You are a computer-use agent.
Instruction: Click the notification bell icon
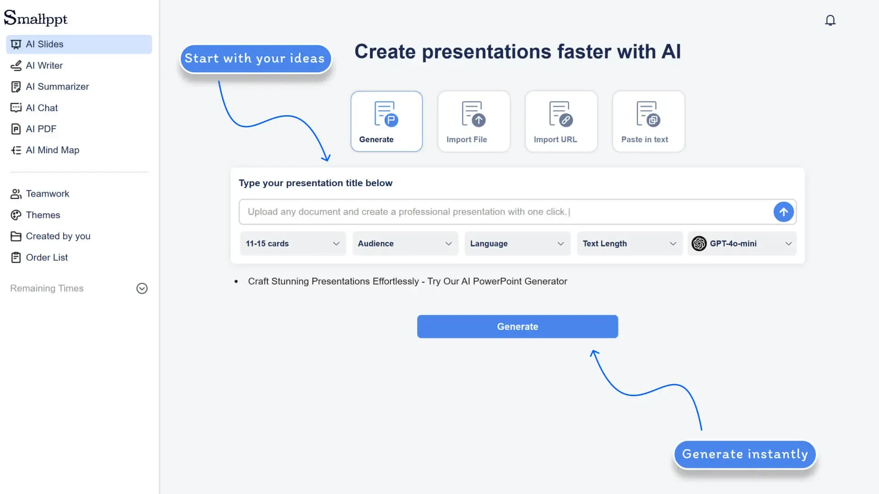[830, 20]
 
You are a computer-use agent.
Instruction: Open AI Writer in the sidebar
[44, 65]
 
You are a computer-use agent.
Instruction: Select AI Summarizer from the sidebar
[57, 86]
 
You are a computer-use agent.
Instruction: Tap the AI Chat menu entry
[41, 108]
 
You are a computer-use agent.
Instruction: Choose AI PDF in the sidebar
[40, 129]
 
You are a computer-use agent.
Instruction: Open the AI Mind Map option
[52, 150]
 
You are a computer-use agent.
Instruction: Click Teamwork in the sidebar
[47, 193]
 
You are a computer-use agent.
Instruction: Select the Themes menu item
[43, 215]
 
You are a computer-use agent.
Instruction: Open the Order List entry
[46, 258]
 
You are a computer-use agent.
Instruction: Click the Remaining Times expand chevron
[142, 288]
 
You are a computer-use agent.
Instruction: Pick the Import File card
[473, 121]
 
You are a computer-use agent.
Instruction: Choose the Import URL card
[561, 121]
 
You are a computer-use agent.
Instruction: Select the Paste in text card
[648, 121]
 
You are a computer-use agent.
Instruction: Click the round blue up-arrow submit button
[783, 212]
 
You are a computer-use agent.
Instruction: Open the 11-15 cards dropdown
[293, 243]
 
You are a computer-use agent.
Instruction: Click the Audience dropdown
[405, 243]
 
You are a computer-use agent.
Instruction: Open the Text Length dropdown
[629, 243]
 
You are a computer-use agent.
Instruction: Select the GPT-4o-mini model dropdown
[742, 243]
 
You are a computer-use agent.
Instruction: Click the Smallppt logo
[36, 18]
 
